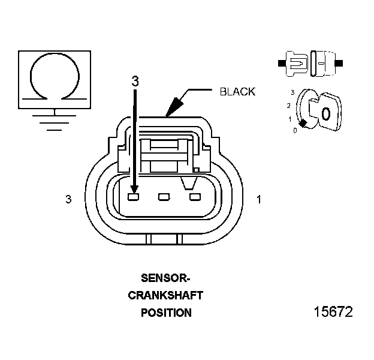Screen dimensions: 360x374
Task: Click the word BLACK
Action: click(237, 92)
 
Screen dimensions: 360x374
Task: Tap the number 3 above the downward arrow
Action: click(135, 82)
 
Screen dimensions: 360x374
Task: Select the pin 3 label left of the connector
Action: click(68, 199)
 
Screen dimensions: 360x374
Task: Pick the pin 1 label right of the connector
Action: click(259, 199)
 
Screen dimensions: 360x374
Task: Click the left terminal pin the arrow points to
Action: click(134, 196)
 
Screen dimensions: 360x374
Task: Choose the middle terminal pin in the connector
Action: click(164, 196)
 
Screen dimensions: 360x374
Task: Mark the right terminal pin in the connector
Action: click(194, 196)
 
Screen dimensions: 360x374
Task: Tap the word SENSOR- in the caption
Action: click(165, 278)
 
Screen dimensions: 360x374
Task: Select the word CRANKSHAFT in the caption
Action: click(166, 295)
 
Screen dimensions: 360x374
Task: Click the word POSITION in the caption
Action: click(166, 313)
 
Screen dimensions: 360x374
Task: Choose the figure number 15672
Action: click(333, 312)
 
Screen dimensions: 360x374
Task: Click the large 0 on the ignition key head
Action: click(325, 113)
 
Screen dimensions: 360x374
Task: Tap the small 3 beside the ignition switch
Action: click(292, 93)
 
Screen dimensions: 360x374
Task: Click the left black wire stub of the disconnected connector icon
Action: click(282, 62)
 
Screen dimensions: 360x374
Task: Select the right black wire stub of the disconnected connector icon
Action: click(340, 62)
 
